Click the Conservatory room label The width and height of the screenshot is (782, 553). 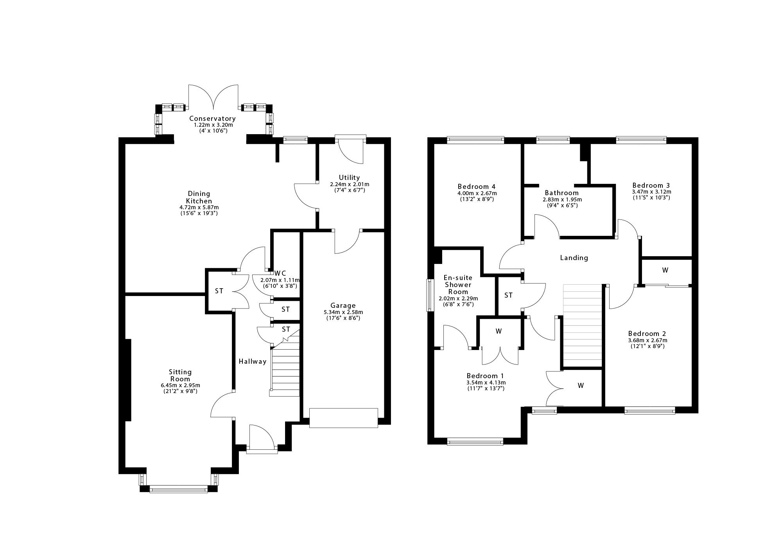[212, 118]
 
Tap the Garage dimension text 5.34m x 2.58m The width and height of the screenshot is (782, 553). [343, 312]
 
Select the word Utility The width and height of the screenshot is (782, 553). [349, 178]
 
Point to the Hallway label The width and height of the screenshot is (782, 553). [253, 361]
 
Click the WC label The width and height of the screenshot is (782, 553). [280, 273]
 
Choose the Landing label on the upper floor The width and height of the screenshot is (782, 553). [574, 258]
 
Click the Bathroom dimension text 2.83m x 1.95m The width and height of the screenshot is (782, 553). [562, 199]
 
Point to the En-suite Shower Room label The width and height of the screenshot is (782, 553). [458, 285]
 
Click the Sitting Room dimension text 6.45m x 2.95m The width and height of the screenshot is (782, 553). [180, 385]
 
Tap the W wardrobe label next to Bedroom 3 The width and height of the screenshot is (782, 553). [665, 270]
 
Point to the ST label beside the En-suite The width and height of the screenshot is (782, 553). [508, 295]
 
